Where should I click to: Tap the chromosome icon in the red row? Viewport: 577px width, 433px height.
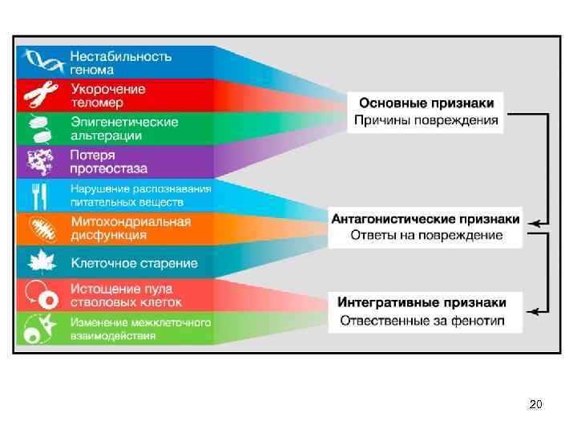(x=39, y=95)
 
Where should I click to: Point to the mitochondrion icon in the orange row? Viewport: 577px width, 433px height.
(x=40, y=229)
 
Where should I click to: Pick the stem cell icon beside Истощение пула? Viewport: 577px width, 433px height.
(x=41, y=294)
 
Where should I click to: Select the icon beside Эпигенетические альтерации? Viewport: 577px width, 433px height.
(x=39, y=128)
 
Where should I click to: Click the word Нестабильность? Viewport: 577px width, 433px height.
(x=121, y=55)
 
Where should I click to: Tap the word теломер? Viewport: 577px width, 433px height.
(x=97, y=103)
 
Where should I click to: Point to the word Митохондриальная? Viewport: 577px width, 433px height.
(x=131, y=221)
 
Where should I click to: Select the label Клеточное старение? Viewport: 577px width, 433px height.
(x=134, y=263)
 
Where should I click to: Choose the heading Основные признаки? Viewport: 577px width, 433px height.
(x=426, y=103)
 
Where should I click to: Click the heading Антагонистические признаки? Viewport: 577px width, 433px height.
(x=426, y=218)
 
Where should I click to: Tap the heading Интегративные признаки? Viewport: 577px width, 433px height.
(x=422, y=302)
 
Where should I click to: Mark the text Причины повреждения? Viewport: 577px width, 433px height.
(x=426, y=121)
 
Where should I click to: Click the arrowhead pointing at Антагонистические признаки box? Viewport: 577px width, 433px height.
(x=543, y=222)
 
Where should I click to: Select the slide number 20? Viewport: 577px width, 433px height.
(x=535, y=404)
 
